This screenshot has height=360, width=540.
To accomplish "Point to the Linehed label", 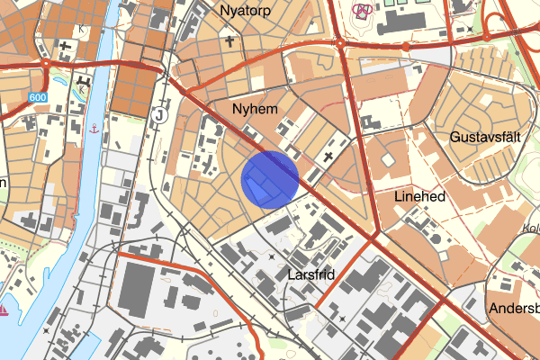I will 420,194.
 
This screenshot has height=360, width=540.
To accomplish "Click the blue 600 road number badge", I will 37,97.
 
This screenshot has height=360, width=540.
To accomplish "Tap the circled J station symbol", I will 159,114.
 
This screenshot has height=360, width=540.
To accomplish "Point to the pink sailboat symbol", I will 4,310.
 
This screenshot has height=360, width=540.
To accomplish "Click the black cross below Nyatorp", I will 229,40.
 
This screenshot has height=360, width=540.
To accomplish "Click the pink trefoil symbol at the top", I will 363,11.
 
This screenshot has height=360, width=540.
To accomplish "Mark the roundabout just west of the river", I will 46,65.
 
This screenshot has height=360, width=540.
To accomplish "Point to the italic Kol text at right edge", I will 530,228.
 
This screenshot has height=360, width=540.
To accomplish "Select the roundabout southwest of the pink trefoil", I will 340,40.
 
